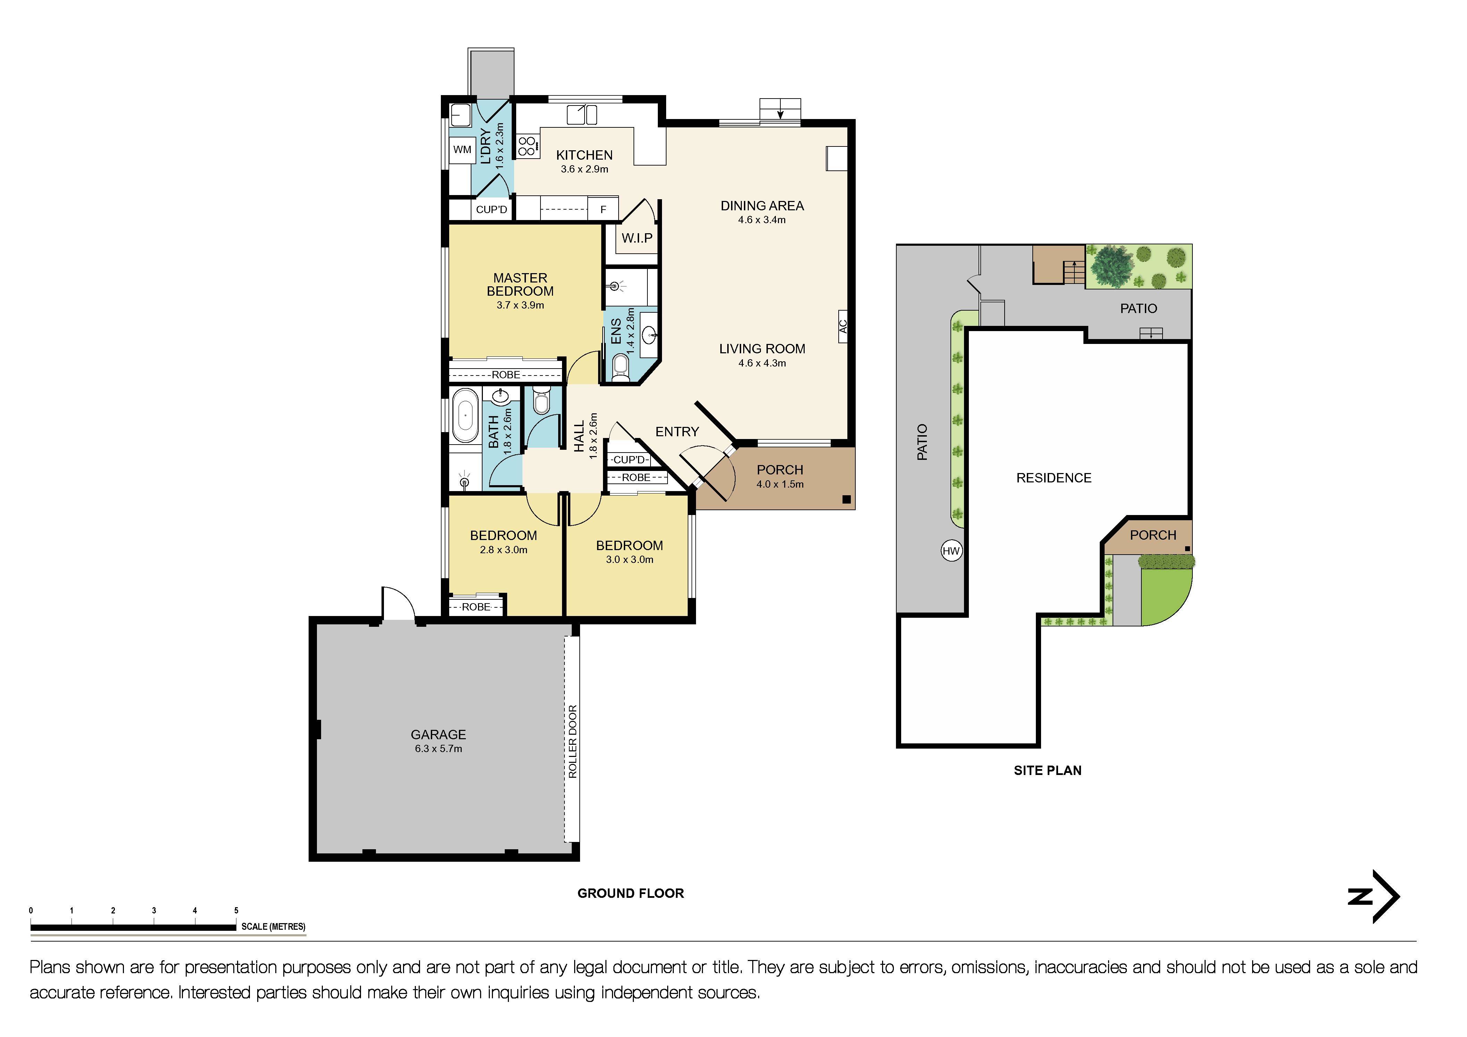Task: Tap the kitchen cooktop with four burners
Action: (x=527, y=146)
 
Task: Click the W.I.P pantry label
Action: (x=637, y=238)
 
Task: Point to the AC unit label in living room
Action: (x=843, y=326)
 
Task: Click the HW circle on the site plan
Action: (x=952, y=551)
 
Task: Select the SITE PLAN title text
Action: (x=1047, y=770)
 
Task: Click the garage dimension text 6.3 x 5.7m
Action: (x=438, y=749)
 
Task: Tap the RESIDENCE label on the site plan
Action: (x=1054, y=478)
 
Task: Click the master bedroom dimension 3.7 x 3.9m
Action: (x=520, y=305)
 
